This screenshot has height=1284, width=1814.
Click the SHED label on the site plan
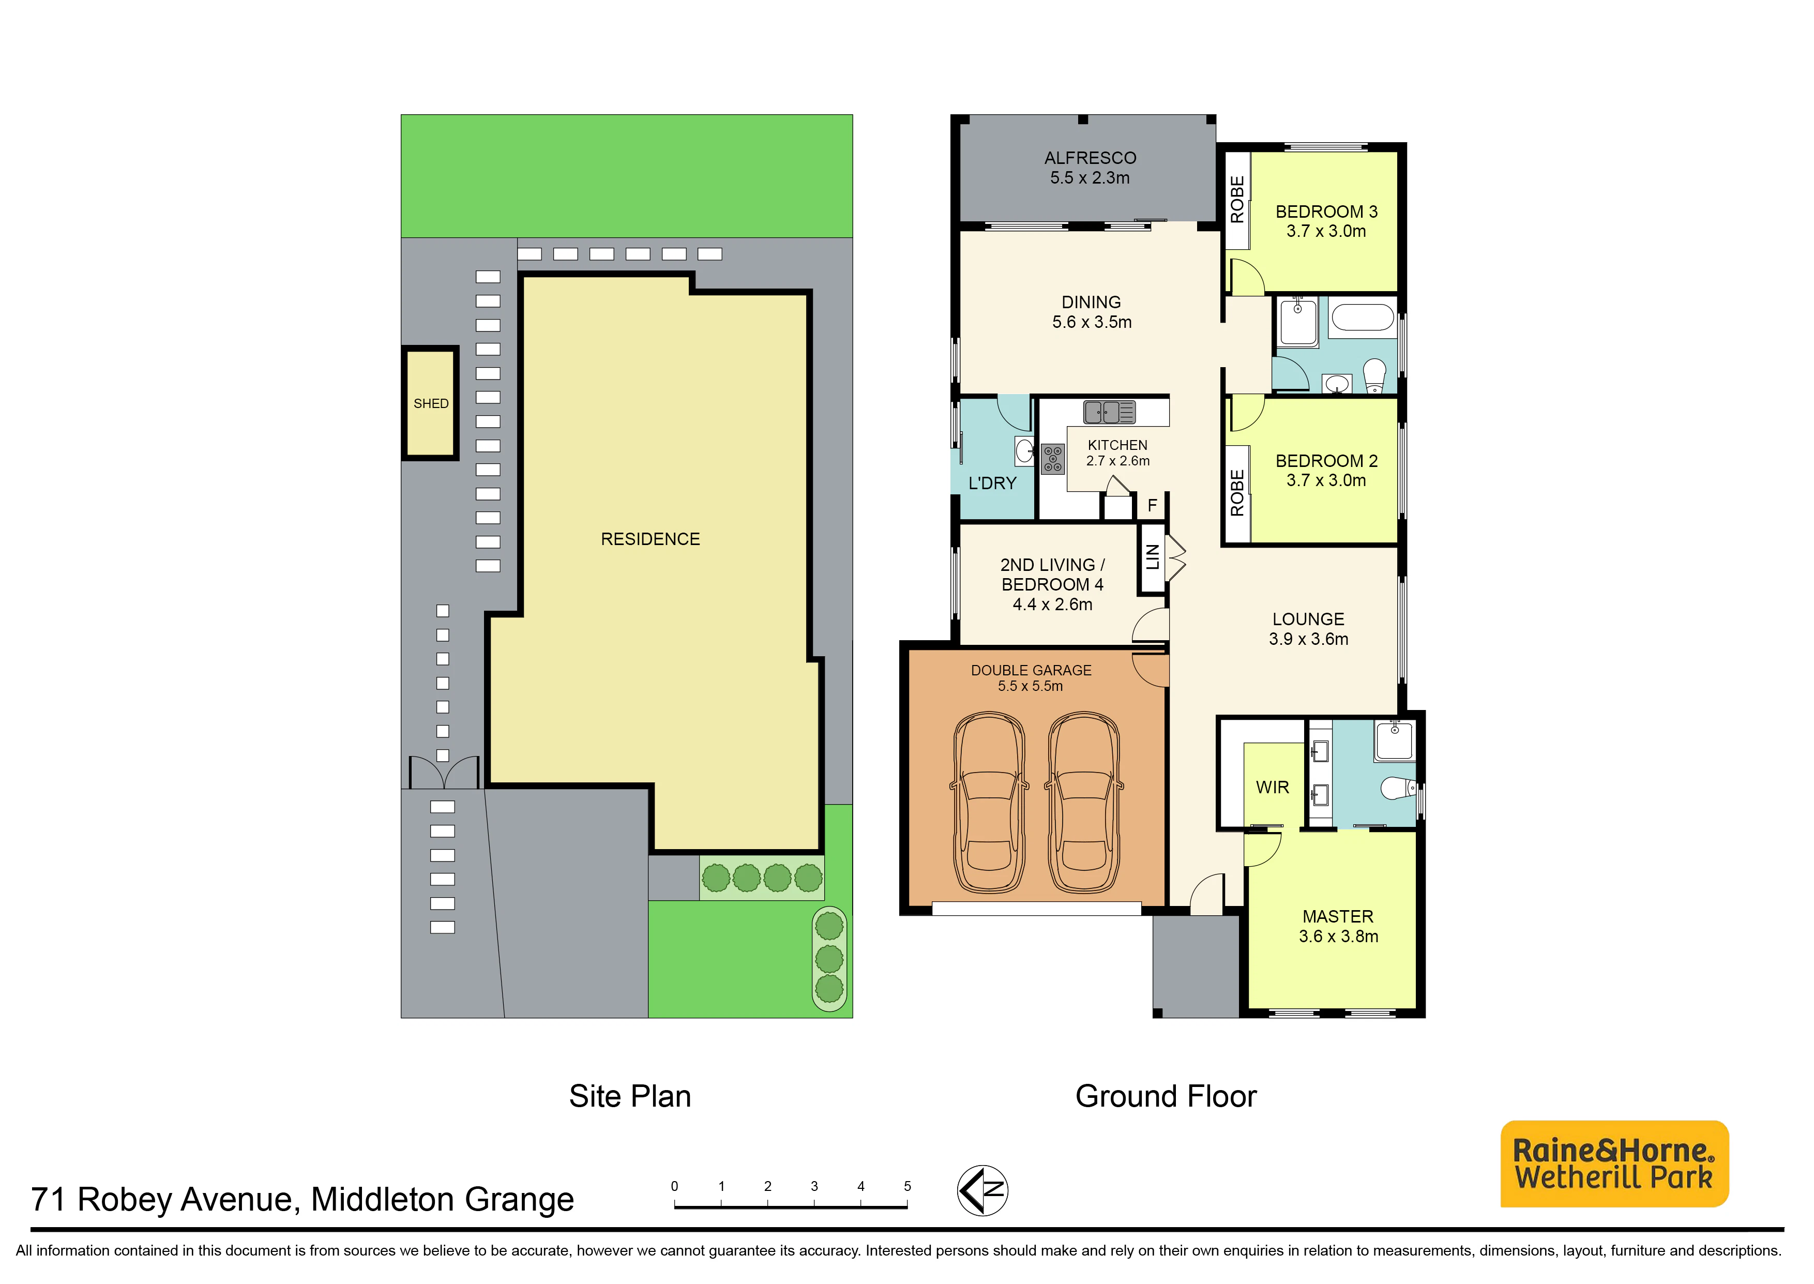[431, 403]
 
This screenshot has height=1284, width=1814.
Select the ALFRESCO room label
[1090, 158]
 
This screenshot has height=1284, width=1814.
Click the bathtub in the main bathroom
[1363, 318]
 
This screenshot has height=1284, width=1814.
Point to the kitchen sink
[1110, 412]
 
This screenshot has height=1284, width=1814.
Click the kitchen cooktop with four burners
[1053, 459]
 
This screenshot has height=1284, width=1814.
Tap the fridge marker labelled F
[1153, 505]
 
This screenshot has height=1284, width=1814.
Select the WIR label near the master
[1273, 788]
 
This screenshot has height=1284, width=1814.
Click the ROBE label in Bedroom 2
[1237, 493]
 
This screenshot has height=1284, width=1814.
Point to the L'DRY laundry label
[993, 483]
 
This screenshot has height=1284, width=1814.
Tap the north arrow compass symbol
[982, 1190]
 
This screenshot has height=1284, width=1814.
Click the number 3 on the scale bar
[814, 1186]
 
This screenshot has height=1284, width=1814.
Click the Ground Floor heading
[1166, 1097]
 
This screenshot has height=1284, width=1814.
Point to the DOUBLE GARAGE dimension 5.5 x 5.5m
[1031, 686]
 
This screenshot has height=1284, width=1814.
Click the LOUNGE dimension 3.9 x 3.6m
[1309, 639]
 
